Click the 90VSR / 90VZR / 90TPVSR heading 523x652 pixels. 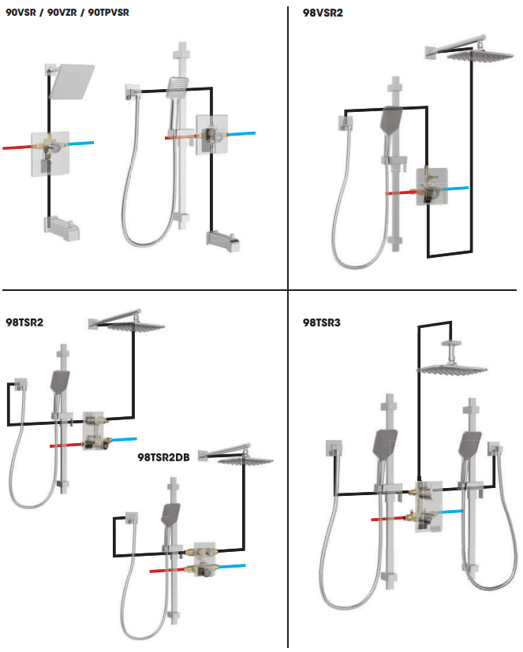(68, 13)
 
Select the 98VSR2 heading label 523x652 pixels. (322, 13)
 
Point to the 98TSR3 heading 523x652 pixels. (321, 323)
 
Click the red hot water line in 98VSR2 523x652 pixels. (400, 192)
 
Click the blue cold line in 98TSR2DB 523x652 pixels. (231, 565)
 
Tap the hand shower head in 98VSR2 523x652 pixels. (391, 121)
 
